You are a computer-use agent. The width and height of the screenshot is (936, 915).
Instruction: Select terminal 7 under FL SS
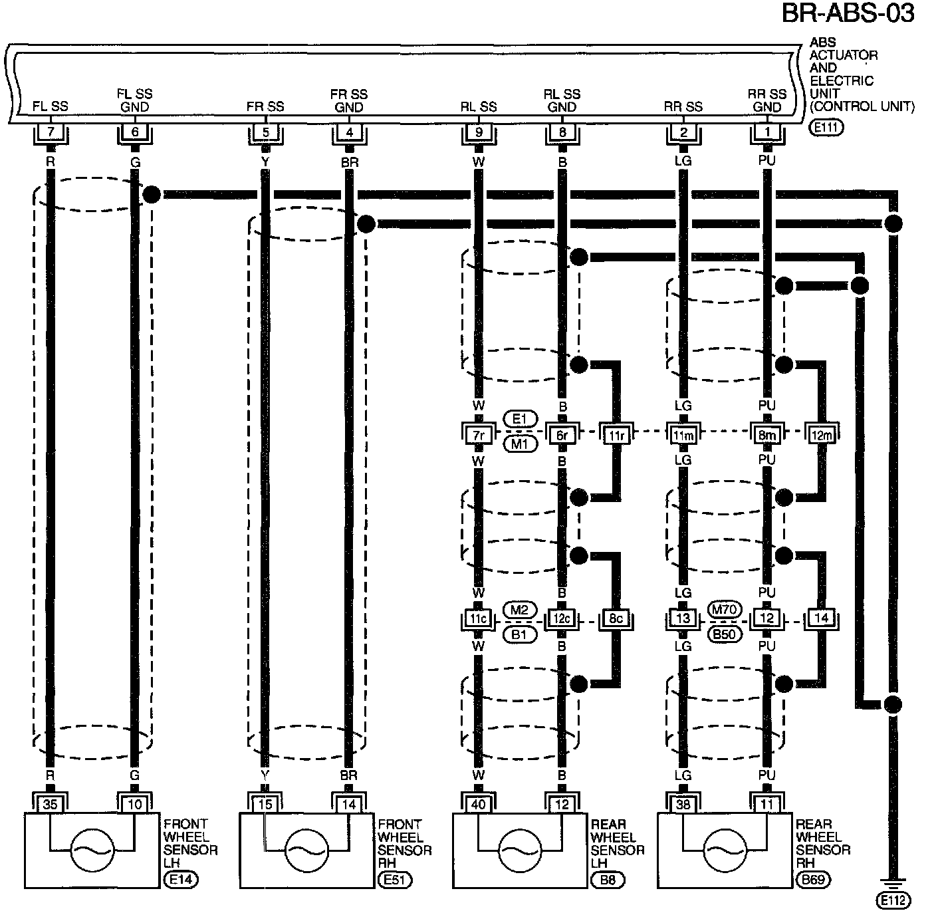click(51, 132)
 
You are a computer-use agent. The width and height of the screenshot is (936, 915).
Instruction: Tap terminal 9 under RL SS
click(479, 132)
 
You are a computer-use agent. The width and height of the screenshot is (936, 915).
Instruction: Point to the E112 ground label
click(893, 900)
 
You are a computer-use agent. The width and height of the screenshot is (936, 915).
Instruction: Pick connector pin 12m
click(822, 435)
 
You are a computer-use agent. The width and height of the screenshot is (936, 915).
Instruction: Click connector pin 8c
click(616, 618)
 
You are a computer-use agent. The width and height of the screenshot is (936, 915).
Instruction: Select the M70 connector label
click(723, 608)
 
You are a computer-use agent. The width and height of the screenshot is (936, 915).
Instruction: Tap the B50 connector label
click(723, 634)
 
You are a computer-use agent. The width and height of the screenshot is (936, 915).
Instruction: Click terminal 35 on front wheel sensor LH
click(51, 805)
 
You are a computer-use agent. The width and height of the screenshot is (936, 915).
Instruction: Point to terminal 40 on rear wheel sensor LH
click(479, 805)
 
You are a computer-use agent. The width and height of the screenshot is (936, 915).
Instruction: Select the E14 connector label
click(181, 880)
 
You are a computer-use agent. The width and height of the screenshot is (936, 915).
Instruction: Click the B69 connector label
click(812, 880)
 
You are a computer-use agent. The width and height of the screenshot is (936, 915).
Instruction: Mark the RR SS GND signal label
click(767, 100)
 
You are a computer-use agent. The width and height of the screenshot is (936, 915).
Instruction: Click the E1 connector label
click(520, 418)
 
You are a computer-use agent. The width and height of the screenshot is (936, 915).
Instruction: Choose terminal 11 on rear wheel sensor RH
click(767, 805)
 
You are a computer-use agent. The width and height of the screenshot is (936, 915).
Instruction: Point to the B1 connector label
click(520, 634)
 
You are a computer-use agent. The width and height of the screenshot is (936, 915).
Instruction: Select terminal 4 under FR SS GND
click(350, 132)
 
